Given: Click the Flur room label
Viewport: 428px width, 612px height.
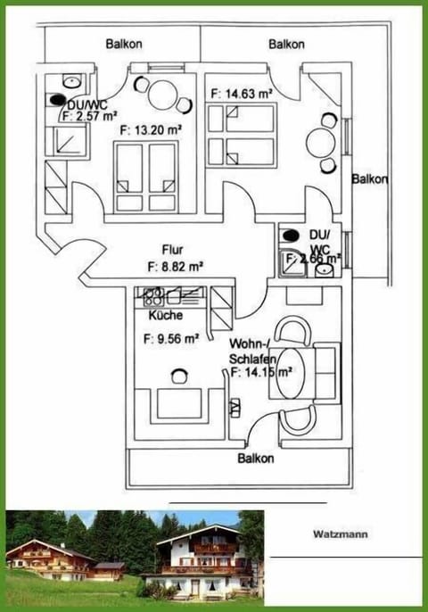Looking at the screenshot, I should click(x=173, y=250).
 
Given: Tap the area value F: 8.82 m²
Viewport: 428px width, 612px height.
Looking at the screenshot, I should click(x=174, y=265).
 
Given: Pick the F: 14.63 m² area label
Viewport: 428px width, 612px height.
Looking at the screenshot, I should click(x=240, y=92).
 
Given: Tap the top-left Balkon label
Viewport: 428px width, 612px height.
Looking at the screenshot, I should click(x=123, y=43).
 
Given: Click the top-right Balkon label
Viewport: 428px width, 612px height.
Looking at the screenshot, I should click(x=286, y=43).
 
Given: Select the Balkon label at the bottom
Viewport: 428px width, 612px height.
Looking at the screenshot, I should click(x=255, y=459).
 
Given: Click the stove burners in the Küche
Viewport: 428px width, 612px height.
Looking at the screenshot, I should click(x=150, y=294).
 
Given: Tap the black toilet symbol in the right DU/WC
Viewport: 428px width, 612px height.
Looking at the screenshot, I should click(x=289, y=236).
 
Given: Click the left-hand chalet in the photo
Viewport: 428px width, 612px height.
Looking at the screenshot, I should click(x=49, y=560).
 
